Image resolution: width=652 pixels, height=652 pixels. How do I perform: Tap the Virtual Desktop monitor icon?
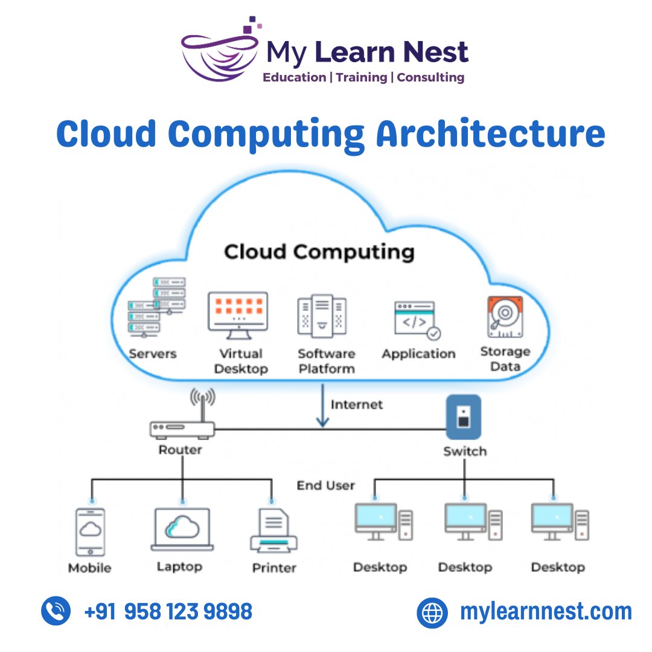click(x=237, y=312)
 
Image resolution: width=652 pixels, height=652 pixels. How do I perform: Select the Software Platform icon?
click(x=322, y=315)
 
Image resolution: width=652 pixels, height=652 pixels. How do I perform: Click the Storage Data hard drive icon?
click(x=505, y=316)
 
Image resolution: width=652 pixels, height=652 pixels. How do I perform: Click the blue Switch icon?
click(x=463, y=417)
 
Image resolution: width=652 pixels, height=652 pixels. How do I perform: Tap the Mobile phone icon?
click(x=90, y=531)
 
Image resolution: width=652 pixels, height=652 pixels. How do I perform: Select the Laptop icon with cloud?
click(x=182, y=529)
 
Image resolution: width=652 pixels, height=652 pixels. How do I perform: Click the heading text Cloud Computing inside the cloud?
click(x=319, y=251)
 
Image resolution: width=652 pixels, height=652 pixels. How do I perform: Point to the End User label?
click(x=325, y=485)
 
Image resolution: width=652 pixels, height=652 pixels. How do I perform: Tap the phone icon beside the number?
click(x=56, y=611)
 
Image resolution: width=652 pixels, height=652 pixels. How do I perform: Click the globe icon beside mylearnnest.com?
click(x=432, y=612)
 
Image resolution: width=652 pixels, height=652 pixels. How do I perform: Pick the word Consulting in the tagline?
click(x=430, y=77)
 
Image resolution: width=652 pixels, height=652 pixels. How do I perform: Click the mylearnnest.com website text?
click(x=545, y=612)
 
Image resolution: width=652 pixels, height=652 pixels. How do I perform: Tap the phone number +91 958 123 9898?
click(x=168, y=612)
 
